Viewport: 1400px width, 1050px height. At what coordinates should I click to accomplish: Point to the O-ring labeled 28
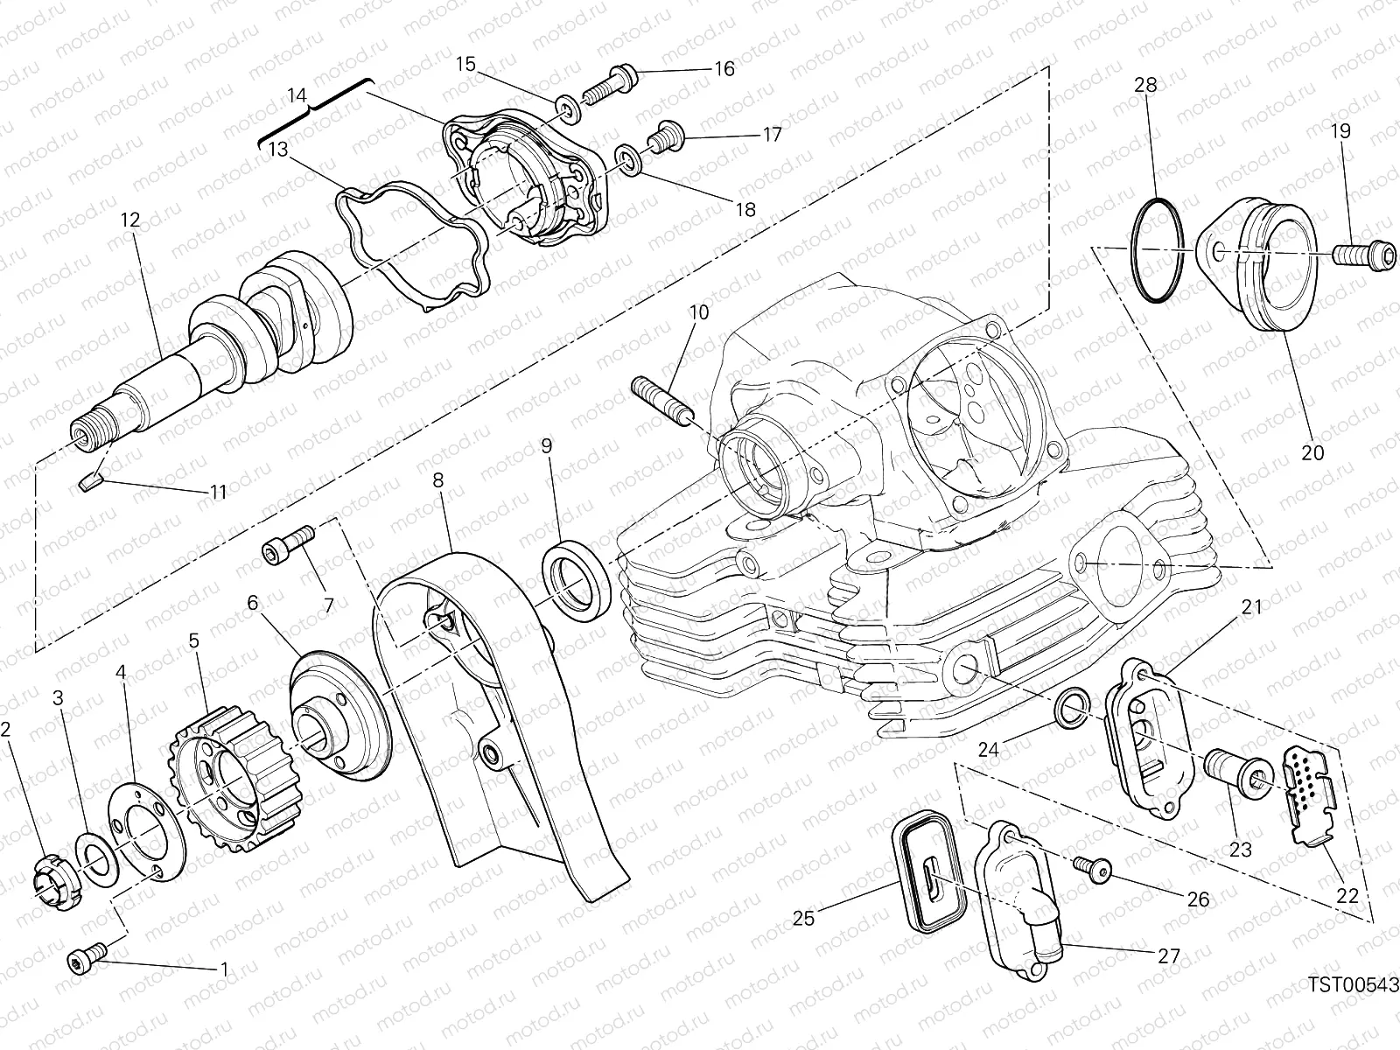(x=1158, y=251)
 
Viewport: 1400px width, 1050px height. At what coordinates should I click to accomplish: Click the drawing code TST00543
(x=1354, y=985)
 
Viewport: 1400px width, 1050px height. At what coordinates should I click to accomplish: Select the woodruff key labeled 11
(x=90, y=479)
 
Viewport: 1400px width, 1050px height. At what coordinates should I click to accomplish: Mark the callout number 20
(x=1313, y=452)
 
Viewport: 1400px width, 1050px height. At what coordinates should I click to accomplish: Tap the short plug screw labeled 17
(x=663, y=136)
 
